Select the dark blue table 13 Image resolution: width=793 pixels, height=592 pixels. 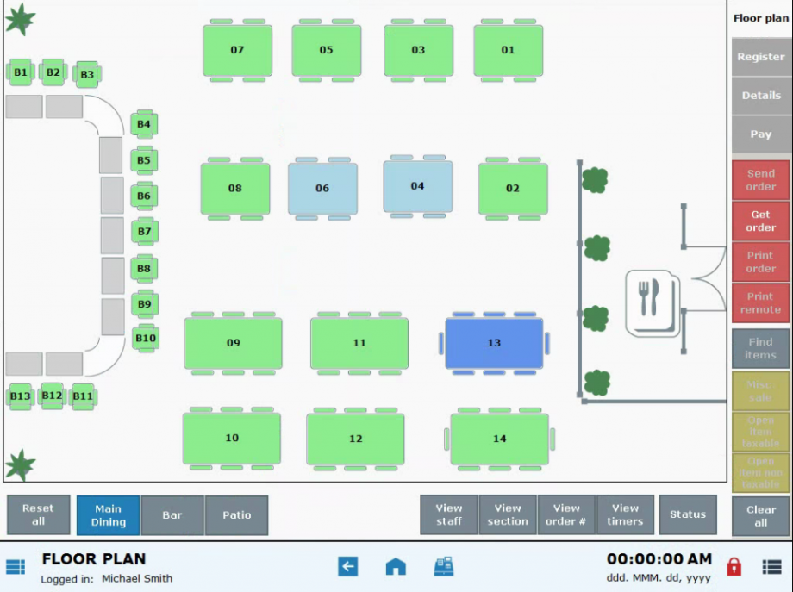pyautogui.click(x=494, y=343)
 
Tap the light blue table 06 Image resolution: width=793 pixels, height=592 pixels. pyautogui.click(x=322, y=188)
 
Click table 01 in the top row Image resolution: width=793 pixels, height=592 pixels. pyautogui.click(x=508, y=50)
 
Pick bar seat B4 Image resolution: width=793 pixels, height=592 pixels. pyautogui.click(x=144, y=124)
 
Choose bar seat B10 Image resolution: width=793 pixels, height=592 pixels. pyautogui.click(x=146, y=339)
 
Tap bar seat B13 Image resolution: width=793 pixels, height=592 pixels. pyautogui.click(x=21, y=396)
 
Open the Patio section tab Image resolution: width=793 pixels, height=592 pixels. pyautogui.click(x=237, y=515)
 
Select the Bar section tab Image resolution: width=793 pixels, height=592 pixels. pyautogui.click(x=172, y=515)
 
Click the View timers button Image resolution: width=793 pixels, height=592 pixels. pyautogui.click(x=625, y=515)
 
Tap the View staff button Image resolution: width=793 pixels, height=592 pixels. pyautogui.click(x=449, y=515)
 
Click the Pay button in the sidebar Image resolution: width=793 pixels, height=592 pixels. pyautogui.click(x=760, y=134)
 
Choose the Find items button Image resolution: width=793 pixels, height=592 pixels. pyautogui.click(x=760, y=349)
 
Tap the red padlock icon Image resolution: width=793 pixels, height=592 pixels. pyautogui.click(x=734, y=566)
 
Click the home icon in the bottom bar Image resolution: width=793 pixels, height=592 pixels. pyautogui.click(x=396, y=566)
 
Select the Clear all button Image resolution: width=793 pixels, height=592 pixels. pyautogui.click(x=760, y=516)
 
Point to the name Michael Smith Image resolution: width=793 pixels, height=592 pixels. pyautogui.click(x=137, y=578)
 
